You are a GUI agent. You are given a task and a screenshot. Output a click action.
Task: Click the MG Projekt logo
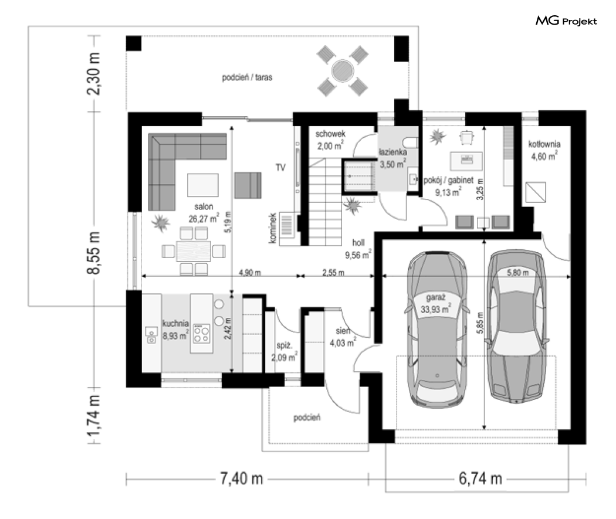coord(566,21)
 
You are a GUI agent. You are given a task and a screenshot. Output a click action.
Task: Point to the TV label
coord(280,168)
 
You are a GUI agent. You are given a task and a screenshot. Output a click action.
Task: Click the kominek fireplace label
coord(273,228)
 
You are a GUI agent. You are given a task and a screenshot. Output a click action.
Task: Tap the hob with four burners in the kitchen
coord(202,334)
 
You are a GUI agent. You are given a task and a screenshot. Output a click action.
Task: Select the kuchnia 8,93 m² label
coord(175,330)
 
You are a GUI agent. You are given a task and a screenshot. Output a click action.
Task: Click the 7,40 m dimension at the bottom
coord(241,479)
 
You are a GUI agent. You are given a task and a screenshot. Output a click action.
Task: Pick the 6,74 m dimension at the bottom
coord(480,479)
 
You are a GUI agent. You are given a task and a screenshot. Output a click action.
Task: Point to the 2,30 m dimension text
coord(94,73)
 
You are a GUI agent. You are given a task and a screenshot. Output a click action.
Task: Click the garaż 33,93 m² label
coord(436,303)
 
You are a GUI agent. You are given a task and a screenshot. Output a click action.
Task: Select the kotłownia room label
coord(544,150)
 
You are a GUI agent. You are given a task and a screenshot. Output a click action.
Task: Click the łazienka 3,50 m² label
coord(393,158)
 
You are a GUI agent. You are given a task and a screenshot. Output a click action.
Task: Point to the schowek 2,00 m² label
coord(330,140)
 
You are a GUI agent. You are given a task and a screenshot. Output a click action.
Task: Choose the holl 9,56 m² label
coord(358,249)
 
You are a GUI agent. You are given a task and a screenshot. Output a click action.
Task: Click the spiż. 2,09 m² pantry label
coord(284,351)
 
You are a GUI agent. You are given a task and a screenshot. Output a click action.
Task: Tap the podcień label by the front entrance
coord(307,418)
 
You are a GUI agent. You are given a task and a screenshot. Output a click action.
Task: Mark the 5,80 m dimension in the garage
coord(518,273)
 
